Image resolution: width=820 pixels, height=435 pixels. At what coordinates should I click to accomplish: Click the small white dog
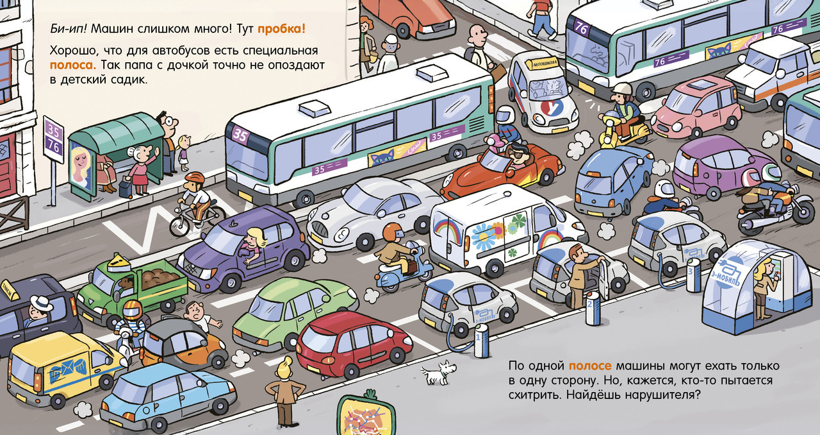(439, 371)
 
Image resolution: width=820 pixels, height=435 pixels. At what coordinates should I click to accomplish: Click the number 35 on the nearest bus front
(240, 135)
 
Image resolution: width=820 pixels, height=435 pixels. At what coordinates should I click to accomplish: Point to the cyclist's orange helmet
(194, 178)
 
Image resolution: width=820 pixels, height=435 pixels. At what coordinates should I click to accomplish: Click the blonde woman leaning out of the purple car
(255, 243)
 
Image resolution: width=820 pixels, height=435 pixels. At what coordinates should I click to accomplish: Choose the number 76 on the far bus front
(581, 28)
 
